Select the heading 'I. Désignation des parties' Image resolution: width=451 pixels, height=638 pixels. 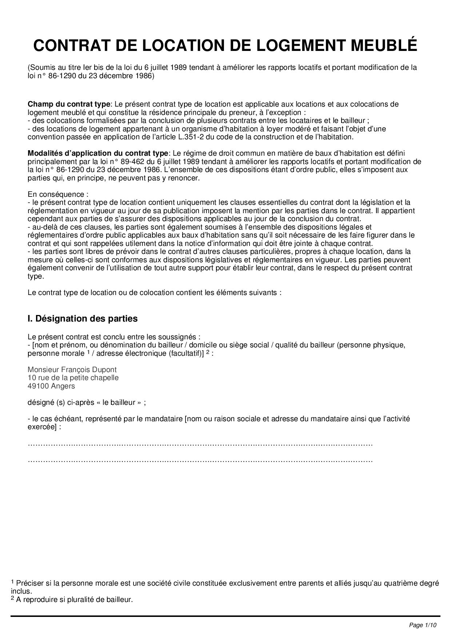[83, 319]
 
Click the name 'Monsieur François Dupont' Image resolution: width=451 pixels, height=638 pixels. [72, 370]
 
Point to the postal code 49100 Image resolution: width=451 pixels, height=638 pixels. [38, 386]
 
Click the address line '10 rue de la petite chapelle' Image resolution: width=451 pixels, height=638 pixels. [73, 378]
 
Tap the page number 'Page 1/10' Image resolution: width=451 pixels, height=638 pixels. [423, 625]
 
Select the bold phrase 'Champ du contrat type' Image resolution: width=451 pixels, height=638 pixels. [69, 104]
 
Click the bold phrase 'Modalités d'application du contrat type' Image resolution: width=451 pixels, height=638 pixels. [98, 153]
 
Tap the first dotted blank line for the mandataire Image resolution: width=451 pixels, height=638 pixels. [200, 444]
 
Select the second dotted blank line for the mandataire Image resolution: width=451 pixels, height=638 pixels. [200, 460]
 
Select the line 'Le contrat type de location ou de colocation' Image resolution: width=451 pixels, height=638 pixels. [154, 292]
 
